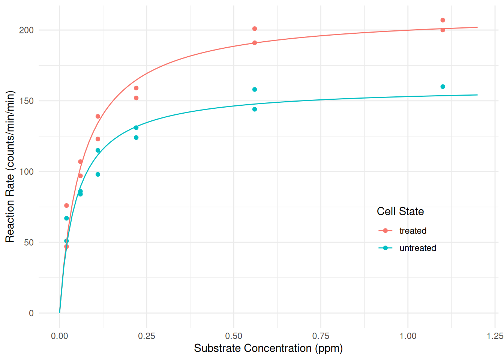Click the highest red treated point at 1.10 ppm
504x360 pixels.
pyautogui.click(x=442, y=20)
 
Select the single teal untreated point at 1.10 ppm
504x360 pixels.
pyautogui.click(x=442, y=87)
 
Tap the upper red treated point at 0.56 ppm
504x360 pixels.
pyautogui.click(x=255, y=29)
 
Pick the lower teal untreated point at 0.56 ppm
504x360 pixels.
pyautogui.click(x=255, y=109)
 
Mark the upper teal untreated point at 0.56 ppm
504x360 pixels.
pyautogui.click(x=255, y=90)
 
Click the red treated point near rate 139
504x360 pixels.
pyautogui.click(x=98, y=117)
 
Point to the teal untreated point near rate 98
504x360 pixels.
pyautogui.click(x=98, y=174)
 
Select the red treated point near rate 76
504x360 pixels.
pyautogui.click(x=66, y=205)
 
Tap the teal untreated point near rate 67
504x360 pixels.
pyautogui.click(x=66, y=218)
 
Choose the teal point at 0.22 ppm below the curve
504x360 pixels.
pyautogui.click(x=136, y=138)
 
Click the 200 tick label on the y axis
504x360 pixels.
pyautogui.click(x=26, y=30)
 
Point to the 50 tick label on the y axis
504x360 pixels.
pyautogui.click(x=28, y=243)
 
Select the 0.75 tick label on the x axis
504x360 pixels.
pyautogui.click(x=321, y=336)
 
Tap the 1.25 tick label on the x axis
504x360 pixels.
pyautogui.click(x=495, y=336)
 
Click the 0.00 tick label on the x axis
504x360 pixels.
pyautogui.click(x=60, y=336)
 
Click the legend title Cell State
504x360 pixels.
pyautogui.click(x=400, y=211)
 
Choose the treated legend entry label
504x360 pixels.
pyautogui.click(x=413, y=231)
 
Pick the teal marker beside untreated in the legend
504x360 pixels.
pyautogui.click(x=385, y=248)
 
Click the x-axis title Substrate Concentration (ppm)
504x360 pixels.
pyautogui.click(x=268, y=348)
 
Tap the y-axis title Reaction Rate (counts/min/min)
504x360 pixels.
pyautogui.click(x=10, y=166)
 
